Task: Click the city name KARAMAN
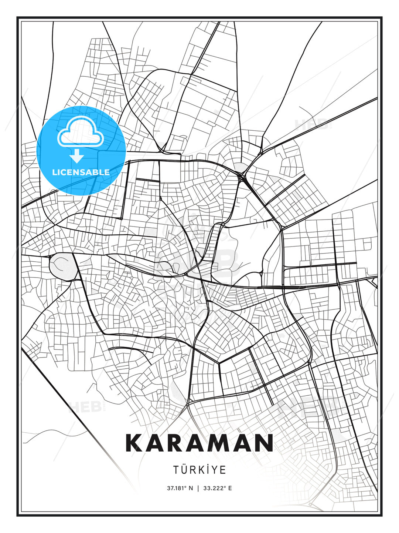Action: (x=199, y=443)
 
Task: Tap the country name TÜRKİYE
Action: (x=199, y=470)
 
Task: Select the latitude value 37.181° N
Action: (x=180, y=488)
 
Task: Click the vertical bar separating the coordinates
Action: (x=198, y=488)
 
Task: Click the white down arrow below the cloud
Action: (x=77, y=156)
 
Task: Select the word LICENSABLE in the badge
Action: (x=81, y=172)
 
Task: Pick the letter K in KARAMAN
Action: (x=135, y=443)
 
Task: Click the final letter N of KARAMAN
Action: (x=263, y=443)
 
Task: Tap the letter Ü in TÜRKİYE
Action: (x=184, y=470)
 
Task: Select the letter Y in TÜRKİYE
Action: (x=216, y=470)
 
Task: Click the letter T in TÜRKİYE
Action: (x=176, y=470)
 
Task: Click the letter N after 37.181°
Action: (x=191, y=488)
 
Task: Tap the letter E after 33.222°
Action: (x=230, y=488)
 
